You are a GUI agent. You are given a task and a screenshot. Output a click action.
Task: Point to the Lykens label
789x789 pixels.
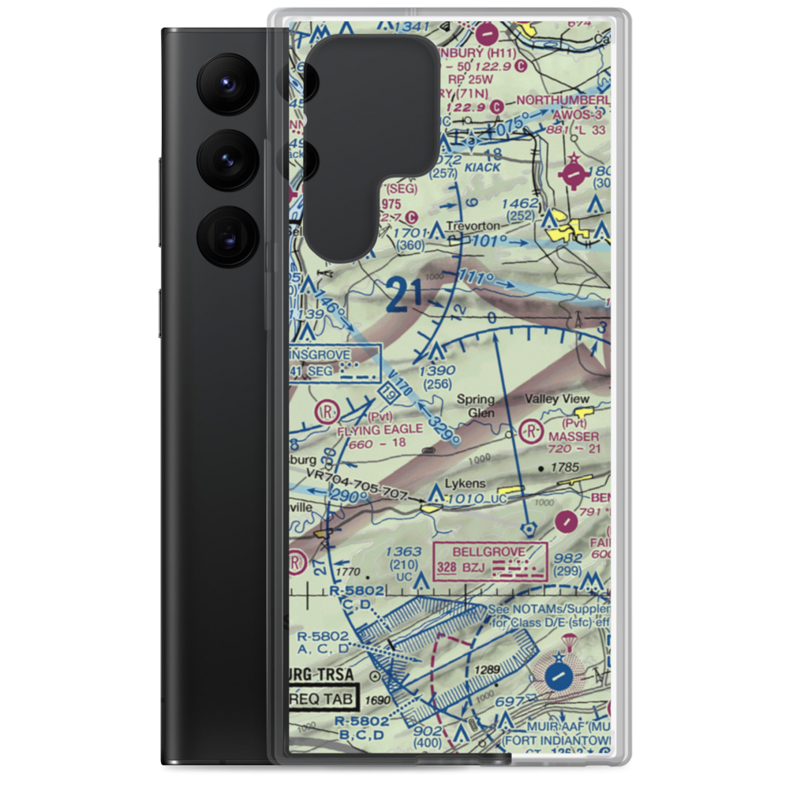click(465, 483)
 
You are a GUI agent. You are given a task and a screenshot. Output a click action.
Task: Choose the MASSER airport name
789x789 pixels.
click(574, 436)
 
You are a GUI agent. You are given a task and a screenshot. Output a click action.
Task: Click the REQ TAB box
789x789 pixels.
click(320, 698)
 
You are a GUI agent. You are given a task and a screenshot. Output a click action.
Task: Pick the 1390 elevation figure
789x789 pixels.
click(437, 370)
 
